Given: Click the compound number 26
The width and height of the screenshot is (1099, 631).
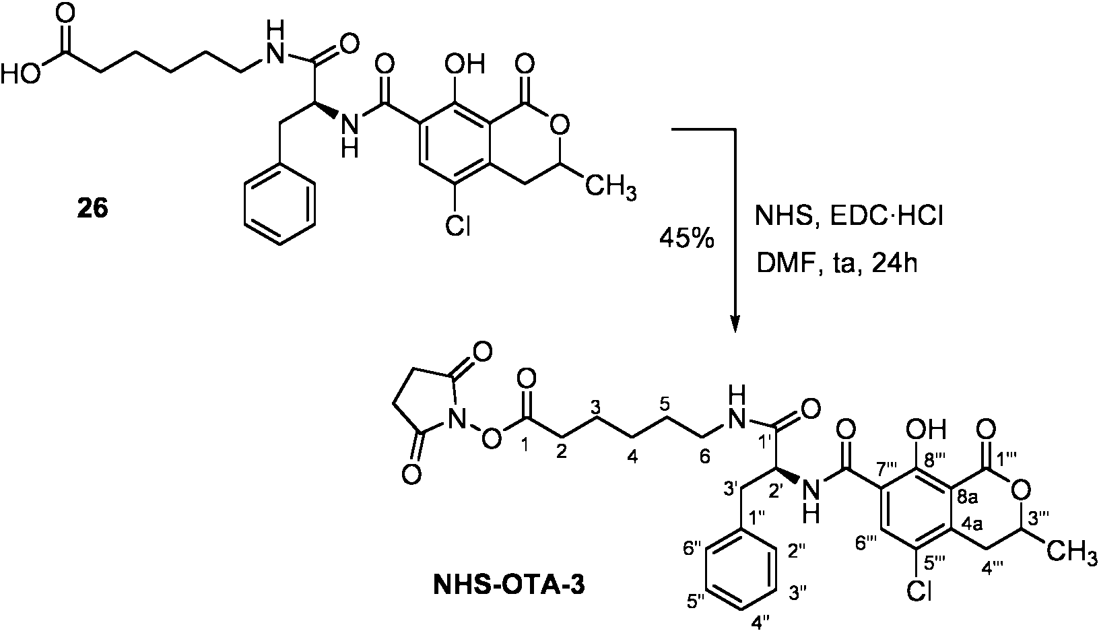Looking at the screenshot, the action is [93, 209].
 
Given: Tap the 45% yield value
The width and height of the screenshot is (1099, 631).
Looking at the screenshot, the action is [686, 240].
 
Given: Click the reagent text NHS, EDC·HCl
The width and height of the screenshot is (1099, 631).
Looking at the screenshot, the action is [848, 216].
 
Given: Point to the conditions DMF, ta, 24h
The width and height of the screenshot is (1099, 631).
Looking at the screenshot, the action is [836, 265].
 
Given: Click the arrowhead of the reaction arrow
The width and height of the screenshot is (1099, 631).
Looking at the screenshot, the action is [735, 323].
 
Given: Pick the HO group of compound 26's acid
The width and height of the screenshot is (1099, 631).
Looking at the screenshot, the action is [20, 75].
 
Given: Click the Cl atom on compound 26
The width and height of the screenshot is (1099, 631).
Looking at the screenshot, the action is [457, 226].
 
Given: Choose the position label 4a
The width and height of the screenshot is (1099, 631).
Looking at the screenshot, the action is [973, 525].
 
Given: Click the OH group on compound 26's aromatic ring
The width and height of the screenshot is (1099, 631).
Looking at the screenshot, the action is [463, 64].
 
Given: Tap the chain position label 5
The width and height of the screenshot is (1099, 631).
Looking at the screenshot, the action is [664, 404].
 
